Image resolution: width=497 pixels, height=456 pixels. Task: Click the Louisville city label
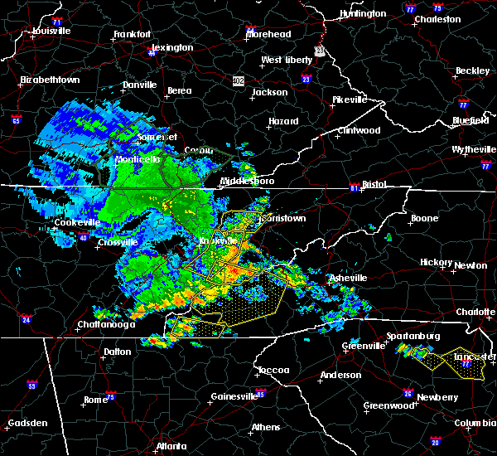pyautogui.click(x=51, y=32)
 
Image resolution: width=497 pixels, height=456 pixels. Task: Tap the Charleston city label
pyautogui.click(x=437, y=19)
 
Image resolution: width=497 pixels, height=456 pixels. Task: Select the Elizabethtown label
pyautogui.click(x=50, y=80)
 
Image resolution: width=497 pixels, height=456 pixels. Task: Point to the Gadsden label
pyautogui.click(x=27, y=424)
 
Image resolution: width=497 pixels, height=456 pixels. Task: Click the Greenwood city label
pyautogui.click(x=388, y=406)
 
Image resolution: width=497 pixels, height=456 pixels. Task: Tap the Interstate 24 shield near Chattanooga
pyautogui.click(x=26, y=320)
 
